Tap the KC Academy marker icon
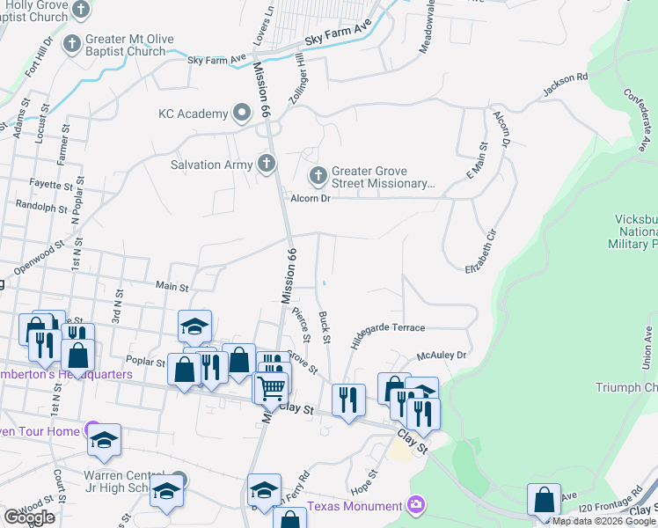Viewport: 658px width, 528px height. (241, 114)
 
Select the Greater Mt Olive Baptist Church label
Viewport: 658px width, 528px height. (129, 45)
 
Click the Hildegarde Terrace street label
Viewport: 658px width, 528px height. (388, 333)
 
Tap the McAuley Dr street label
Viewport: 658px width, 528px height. (440, 356)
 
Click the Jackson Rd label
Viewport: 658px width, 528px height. (565, 84)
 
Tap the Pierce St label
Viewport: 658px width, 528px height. (304, 326)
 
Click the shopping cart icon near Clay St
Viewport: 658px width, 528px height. (273, 387)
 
